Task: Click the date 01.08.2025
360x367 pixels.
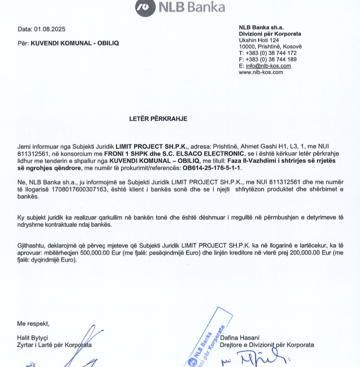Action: pos(50,30)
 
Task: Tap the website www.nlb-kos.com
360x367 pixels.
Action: pos(261,72)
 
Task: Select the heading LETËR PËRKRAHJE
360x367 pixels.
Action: pos(158,119)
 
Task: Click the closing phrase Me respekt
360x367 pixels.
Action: pos(33,323)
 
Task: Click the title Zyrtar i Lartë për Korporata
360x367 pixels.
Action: pos(54,345)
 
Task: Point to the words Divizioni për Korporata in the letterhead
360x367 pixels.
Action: pos(270,34)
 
